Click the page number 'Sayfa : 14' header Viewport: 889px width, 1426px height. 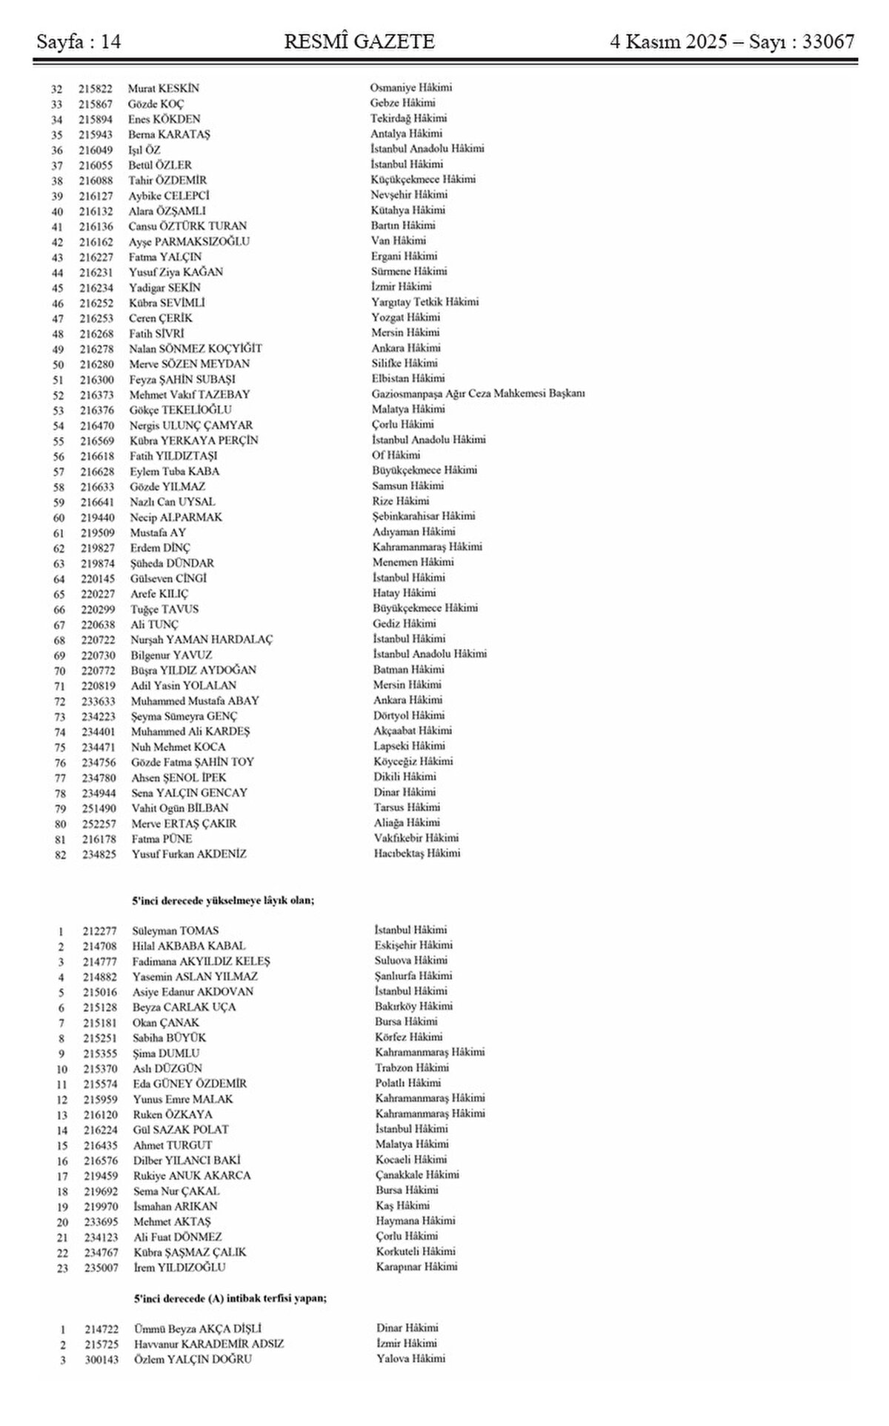(79, 42)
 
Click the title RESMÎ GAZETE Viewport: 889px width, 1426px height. (359, 42)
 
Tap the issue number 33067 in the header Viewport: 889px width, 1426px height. (823, 42)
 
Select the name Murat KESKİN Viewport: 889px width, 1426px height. (163, 88)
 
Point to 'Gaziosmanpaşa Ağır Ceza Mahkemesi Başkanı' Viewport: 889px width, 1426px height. (478, 393)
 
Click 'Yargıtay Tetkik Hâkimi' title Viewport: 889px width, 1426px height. (424, 301)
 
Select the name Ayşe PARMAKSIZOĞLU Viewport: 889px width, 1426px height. (189, 241)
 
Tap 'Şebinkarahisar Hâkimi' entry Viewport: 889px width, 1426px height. (424, 516)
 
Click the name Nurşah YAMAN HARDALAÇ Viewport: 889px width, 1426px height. (202, 639)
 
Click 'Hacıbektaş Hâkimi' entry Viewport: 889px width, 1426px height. (417, 853)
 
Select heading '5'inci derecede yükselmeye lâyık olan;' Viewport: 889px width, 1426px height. (223, 900)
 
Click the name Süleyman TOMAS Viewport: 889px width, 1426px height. (176, 930)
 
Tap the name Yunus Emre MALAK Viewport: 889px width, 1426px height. (182, 1099)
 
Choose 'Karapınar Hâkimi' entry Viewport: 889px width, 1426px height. (416, 1267)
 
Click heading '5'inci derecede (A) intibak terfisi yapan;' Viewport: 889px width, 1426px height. (230, 1298)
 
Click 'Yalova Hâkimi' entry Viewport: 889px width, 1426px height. (410, 1359)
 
